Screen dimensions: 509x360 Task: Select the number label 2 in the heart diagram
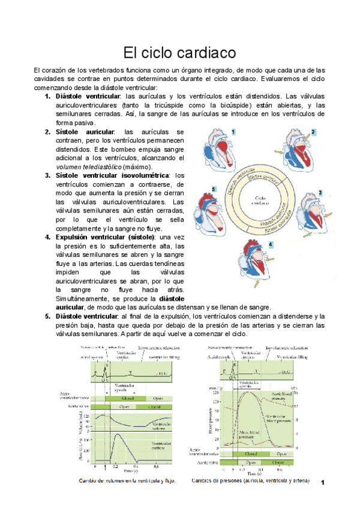[x=313, y=131]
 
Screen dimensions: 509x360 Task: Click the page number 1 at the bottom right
[x=323, y=482]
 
